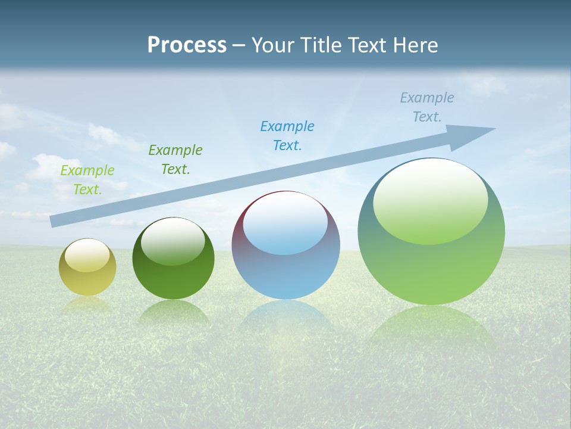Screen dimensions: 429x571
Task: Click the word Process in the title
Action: click(187, 45)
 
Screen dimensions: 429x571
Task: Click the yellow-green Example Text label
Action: click(87, 180)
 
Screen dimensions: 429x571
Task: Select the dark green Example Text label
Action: click(175, 160)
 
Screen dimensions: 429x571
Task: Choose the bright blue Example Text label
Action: click(287, 136)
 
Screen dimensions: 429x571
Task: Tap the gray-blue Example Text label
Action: click(427, 107)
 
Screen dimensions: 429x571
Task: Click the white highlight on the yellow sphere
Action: click(87, 256)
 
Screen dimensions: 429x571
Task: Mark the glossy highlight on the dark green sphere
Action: click(173, 242)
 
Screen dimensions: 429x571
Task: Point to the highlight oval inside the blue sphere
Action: click(285, 223)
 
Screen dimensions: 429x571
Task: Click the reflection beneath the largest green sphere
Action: click(431, 328)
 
